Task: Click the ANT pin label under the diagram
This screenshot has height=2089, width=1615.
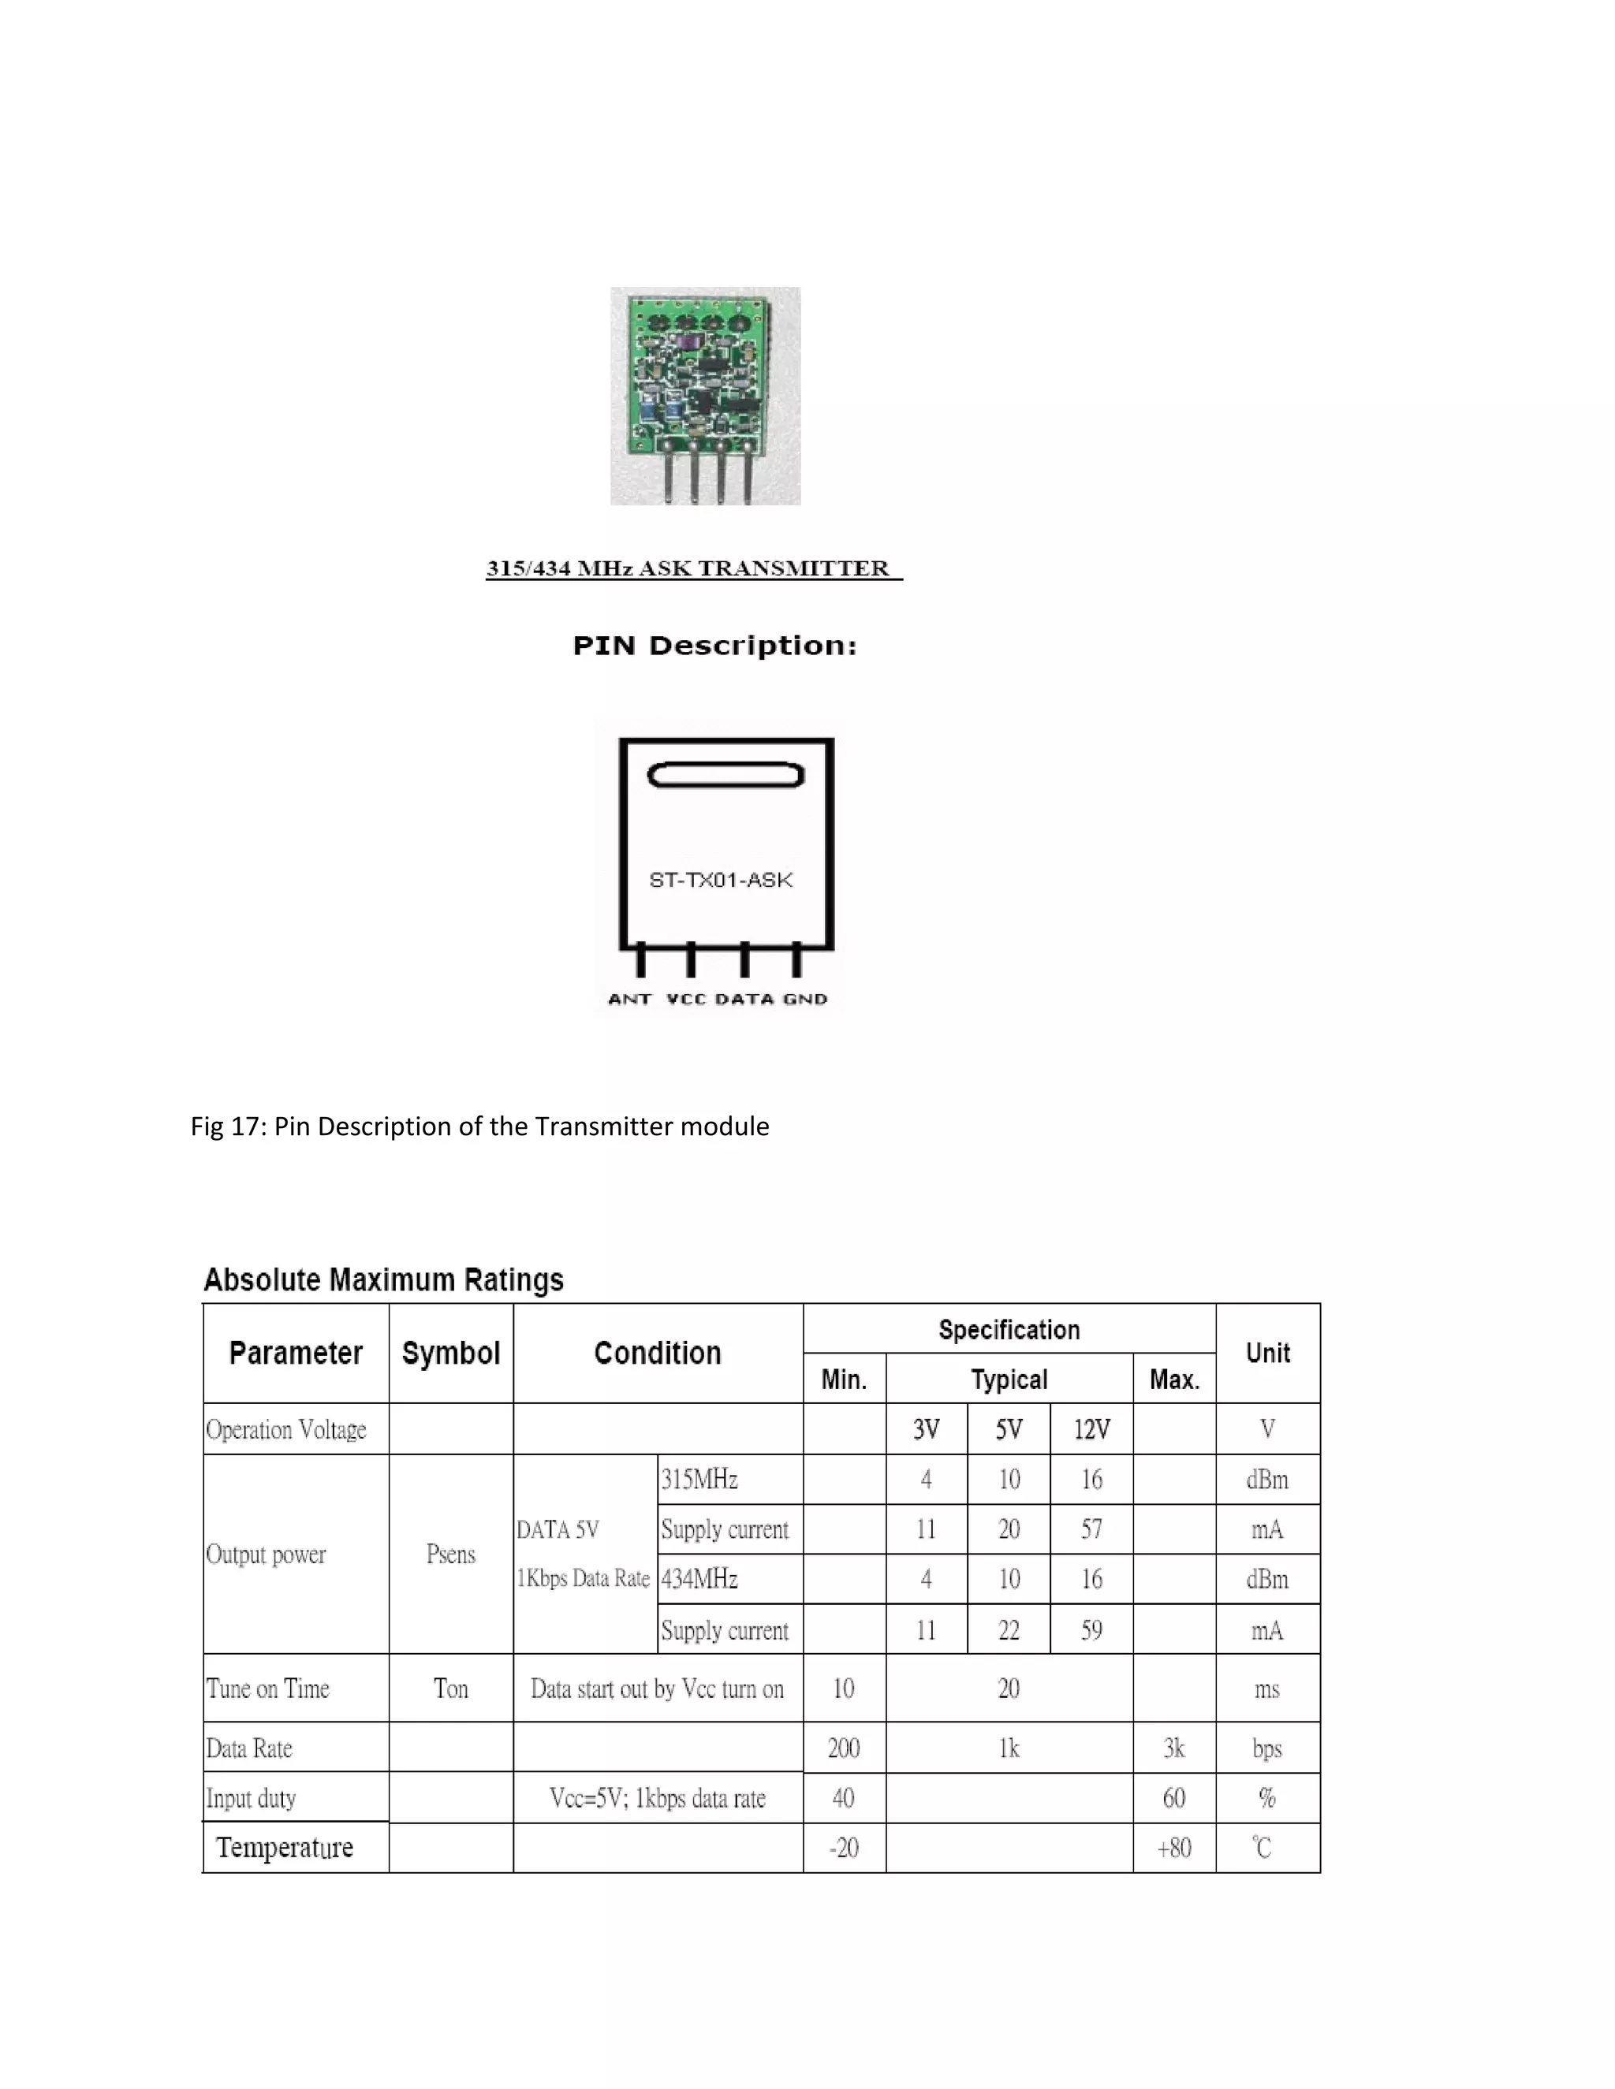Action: click(x=629, y=999)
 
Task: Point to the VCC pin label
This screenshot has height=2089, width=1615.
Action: click(x=685, y=999)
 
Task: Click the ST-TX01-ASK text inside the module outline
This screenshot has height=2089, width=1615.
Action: click(x=721, y=879)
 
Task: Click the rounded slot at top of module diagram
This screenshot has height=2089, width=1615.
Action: click(x=725, y=774)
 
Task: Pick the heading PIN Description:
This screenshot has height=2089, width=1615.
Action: click(x=714, y=646)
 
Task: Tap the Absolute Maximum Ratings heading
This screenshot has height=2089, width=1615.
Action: click(x=384, y=1279)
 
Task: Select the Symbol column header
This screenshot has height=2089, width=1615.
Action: click(x=450, y=1353)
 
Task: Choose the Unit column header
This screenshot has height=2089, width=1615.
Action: click(x=1268, y=1353)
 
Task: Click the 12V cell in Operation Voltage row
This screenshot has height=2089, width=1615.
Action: click(x=1091, y=1429)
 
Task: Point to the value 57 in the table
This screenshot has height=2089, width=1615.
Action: click(x=1091, y=1529)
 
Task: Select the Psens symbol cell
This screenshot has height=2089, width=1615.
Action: click(x=450, y=1554)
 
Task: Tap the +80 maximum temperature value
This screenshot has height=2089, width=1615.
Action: click(x=1174, y=1847)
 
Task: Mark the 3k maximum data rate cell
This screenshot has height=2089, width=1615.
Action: click(x=1174, y=1748)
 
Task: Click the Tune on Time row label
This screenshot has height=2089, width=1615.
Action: click(x=268, y=1689)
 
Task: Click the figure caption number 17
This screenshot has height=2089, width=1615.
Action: click(x=247, y=1126)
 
